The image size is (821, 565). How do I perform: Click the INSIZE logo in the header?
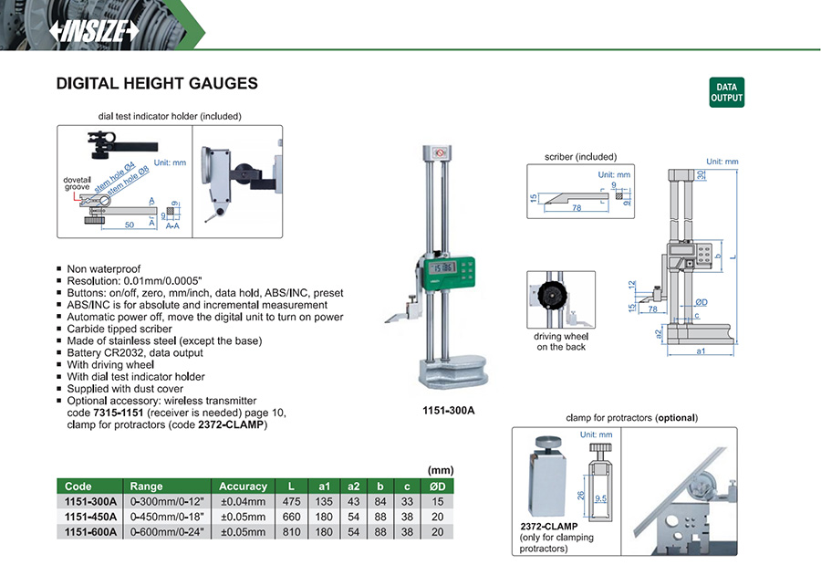tap(95, 31)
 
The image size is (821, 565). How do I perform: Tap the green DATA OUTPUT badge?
tap(726, 93)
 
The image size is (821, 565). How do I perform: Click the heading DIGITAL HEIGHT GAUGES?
tap(157, 84)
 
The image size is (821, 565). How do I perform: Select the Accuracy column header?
tap(244, 487)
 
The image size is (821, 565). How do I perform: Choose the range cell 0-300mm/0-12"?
tap(166, 501)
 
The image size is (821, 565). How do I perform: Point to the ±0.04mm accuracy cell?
tap(244, 501)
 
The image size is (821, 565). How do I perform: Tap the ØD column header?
tap(440, 487)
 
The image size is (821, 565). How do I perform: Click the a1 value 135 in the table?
tap(324, 501)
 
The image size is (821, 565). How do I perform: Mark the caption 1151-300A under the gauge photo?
tap(449, 411)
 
